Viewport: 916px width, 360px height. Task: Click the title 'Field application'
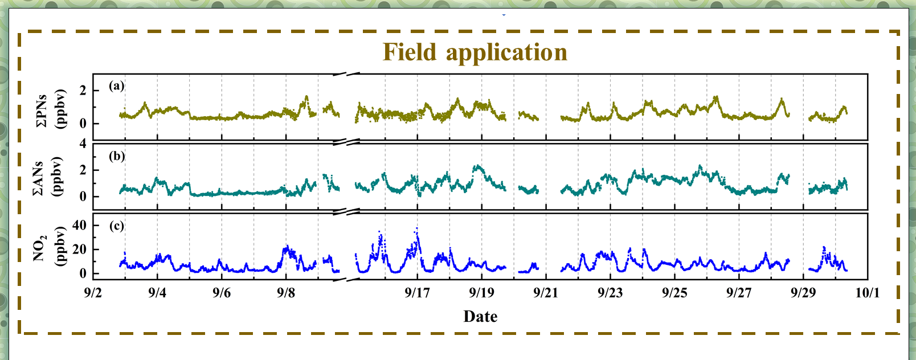[x=475, y=52]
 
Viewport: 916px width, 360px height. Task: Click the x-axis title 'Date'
[x=480, y=317]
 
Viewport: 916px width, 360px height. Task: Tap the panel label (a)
[x=116, y=86]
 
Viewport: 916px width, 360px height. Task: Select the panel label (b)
[x=117, y=156]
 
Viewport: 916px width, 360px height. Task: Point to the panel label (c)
[x=116, y=226]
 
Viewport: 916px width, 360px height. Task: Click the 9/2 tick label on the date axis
[x=93, y=293]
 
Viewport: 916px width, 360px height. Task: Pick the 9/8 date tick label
[x=286, y=293]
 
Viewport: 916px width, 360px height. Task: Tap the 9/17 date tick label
[x=417, y=293]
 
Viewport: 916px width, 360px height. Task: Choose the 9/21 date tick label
[x=546, y=293]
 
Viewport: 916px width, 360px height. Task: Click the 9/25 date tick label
[x=674, y=293]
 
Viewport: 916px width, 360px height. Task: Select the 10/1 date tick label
[x=868, y=293]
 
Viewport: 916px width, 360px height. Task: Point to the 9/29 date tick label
[x=803, y=293]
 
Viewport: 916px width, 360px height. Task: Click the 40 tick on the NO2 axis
[x=80, y=225]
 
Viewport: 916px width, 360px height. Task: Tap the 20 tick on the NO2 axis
[x=80, y=249]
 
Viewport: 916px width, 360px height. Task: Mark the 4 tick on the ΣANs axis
[x=83, y=144]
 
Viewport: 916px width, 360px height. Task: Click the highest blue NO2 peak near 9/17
[x=416, y=229]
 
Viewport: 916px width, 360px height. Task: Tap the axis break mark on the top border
[x=346, y=74]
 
